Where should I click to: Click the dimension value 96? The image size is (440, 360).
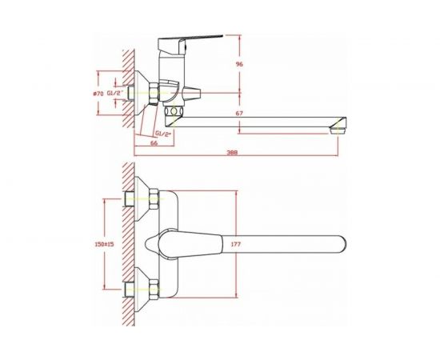click(239, 64)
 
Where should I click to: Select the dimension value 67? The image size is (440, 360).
click(239, 114)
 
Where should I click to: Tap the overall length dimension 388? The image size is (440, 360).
click(232, 152)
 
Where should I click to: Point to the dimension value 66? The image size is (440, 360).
click(154, 143)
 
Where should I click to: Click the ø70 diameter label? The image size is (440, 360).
click(98, 94)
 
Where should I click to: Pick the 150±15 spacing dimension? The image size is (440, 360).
click(103, 244)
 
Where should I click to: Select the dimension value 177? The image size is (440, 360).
click(236, 244)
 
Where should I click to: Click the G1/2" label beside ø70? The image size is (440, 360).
click(115, 93)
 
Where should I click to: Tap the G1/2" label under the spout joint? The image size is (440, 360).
click(163, 134)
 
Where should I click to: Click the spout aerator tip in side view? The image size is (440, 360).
click(338, 128)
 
